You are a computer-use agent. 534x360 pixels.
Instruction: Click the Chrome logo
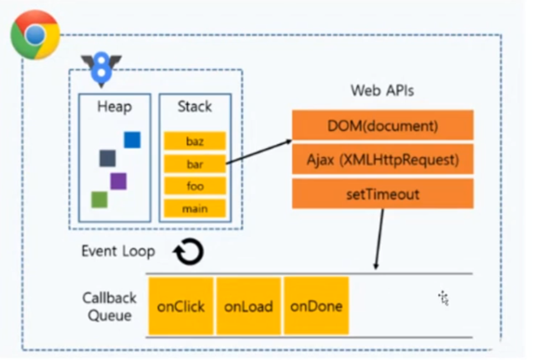pyautogui.click(x=35, y=35)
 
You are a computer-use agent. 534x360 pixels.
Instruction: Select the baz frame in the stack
pyautogui.click(x=195, y=141)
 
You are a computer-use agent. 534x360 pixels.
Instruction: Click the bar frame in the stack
pyautogui.click(x=195, y=164)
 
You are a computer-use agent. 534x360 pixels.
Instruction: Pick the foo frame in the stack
pyautogui.click(x=195, y=186)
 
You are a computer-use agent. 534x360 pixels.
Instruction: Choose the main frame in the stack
pyautogui.click(x=195, y=208)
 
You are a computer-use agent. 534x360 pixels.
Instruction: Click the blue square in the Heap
pyautogui.click(x=132, y=140)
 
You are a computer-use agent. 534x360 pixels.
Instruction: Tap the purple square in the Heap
pyautogui.click(x=118, y=181)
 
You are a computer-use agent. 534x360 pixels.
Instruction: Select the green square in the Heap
pyautogui.click(x=99, y=200)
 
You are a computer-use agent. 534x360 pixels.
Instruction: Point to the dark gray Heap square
pyautogui.click(x=108, y=159)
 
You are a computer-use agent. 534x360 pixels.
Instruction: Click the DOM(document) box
pyautogui.click(x=383, y=125)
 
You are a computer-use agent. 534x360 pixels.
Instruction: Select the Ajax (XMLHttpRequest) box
pyautogui.click(x=383, y=159)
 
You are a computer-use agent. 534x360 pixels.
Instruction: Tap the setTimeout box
pyautogui.click(x=383, y=194)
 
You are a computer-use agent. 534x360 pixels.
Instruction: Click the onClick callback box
pyautogui.click(x=181, y=306)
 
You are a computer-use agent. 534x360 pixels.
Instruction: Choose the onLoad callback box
pyautogui.click(x=248, y=306)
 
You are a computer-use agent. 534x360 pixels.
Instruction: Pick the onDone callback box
pyautogui.click(x=317, y=306)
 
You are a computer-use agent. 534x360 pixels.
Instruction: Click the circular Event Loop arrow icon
pyautogui.click(x=189, y=252)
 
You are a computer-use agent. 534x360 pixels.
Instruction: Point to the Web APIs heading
pyautogui.click(x=383, y=90)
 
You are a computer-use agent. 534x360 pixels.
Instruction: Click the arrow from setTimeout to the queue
pyautogui.click(x=379, y=239)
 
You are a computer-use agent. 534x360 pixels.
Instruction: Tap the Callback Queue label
pyautogui.click(x=110, y=307)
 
